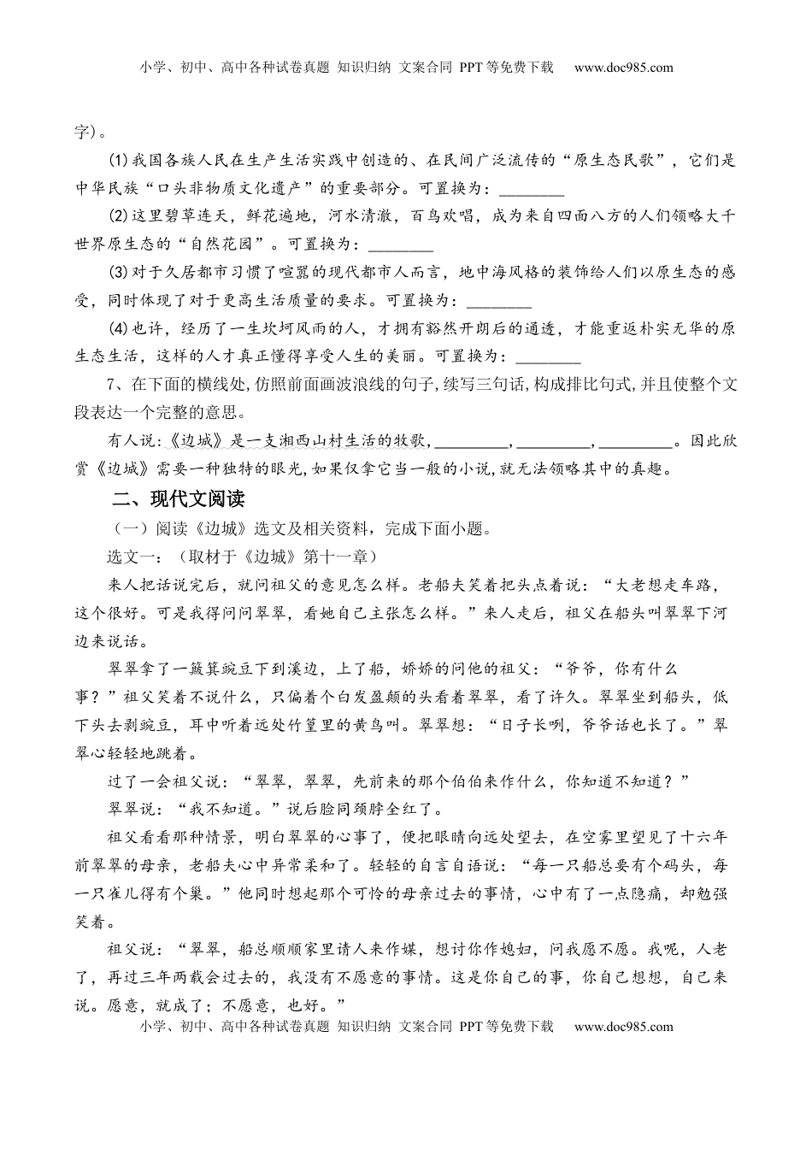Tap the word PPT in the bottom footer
point(473,1027)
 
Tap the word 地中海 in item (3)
point(483,274)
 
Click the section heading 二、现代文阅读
point(178,499)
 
